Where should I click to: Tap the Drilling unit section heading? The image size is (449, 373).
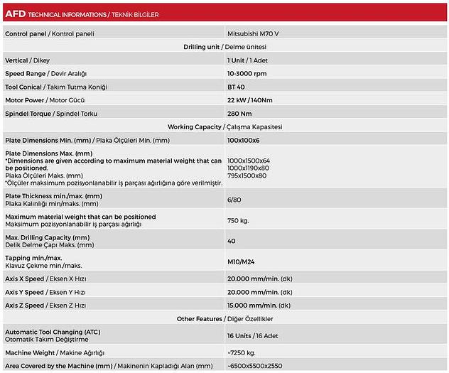[x=224, y=47]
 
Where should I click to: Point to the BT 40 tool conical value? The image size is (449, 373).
[x=236, y=87]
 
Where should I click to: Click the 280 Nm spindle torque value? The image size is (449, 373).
[x=239, y=114]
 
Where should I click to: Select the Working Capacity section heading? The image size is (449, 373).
[x=224, y=127]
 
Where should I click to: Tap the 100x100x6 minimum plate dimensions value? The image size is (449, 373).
[x=244, y=141]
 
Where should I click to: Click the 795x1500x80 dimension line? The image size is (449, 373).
[x=247, y=175]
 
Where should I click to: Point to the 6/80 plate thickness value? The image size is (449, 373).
[x=234, y=200]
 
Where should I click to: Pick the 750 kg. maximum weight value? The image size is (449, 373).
[x=239, y=220]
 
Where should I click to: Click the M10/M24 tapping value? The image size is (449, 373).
[x=240, y=261]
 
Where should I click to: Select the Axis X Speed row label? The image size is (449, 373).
[x=45, y=279]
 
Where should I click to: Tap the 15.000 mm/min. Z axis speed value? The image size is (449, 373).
[x=259, y=305]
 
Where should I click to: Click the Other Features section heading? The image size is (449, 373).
[x=224, y=318]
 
